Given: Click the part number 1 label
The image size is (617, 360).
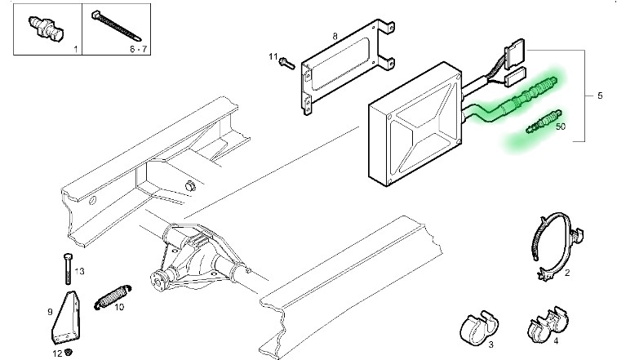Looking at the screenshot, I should [76, 51].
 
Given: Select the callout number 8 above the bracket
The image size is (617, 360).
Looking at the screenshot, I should [334, 37].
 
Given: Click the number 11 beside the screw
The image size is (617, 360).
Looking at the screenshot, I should [273, 56].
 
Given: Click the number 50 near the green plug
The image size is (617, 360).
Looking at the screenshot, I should [560, 126].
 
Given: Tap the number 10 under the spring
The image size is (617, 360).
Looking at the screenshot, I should [119, 307].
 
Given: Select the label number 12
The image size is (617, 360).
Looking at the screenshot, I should [57, 353].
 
